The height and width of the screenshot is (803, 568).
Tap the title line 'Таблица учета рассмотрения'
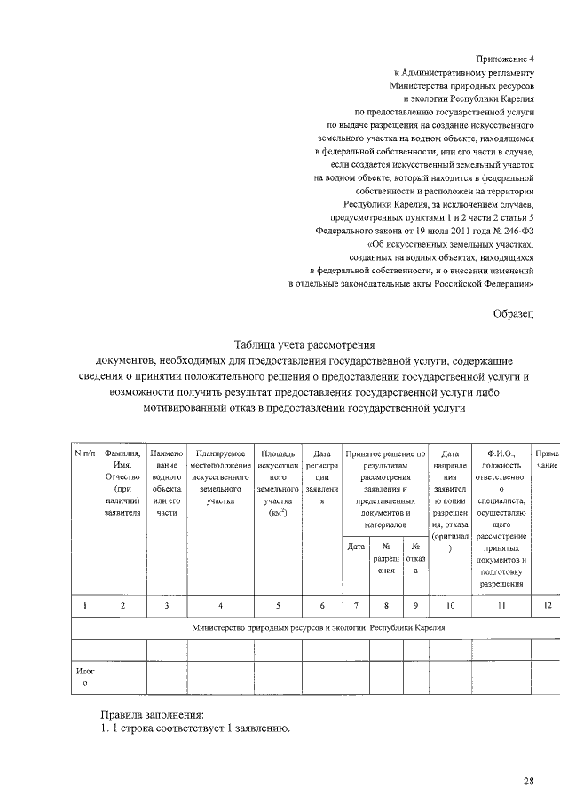point(304,345)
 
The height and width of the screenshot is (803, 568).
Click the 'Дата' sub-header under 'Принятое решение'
point(356,547)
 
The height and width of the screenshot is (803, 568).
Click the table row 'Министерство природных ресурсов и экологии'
point(318,627)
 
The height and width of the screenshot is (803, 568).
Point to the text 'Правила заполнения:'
point(152,713)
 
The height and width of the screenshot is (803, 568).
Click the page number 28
point(528,781)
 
